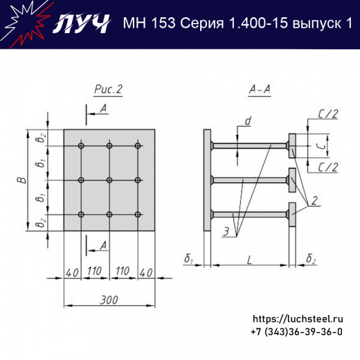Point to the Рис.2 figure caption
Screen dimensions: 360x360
coord(108,89)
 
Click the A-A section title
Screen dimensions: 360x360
coord(260,89)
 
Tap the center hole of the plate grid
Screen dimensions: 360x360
coord(110,180)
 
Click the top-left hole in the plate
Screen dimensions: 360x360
coord(82,146)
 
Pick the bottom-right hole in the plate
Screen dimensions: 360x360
coord(138,214)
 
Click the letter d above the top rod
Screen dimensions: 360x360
coord(247,122)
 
